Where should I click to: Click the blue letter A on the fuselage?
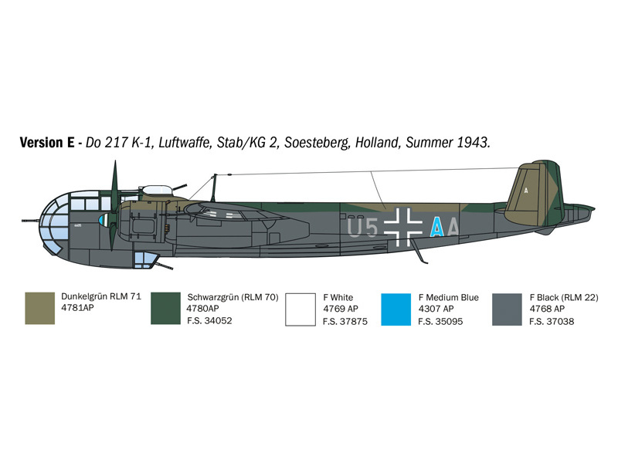pos(436,227)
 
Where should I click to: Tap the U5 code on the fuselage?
pos(362,228)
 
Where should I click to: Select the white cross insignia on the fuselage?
pos(402,227)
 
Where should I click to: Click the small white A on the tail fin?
pos(526,191)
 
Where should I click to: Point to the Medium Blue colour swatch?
pos(396,309)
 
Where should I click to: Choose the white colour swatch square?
pos(301,309)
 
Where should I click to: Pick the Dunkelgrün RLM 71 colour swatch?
pos(40,308)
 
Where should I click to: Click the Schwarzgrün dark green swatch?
pos(165,308)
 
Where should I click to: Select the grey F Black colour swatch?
pos(507,309)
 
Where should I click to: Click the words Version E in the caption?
pos(47,143)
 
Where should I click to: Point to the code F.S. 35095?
pos(440,321)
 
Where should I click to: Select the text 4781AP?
pos(78,307)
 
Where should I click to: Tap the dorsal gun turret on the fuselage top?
pos(158,190)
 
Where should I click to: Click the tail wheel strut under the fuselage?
pos(420,251)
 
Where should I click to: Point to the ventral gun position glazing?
pos(144,260)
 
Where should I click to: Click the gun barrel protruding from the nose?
pos(31,221)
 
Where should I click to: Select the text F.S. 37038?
pos(552,321)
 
